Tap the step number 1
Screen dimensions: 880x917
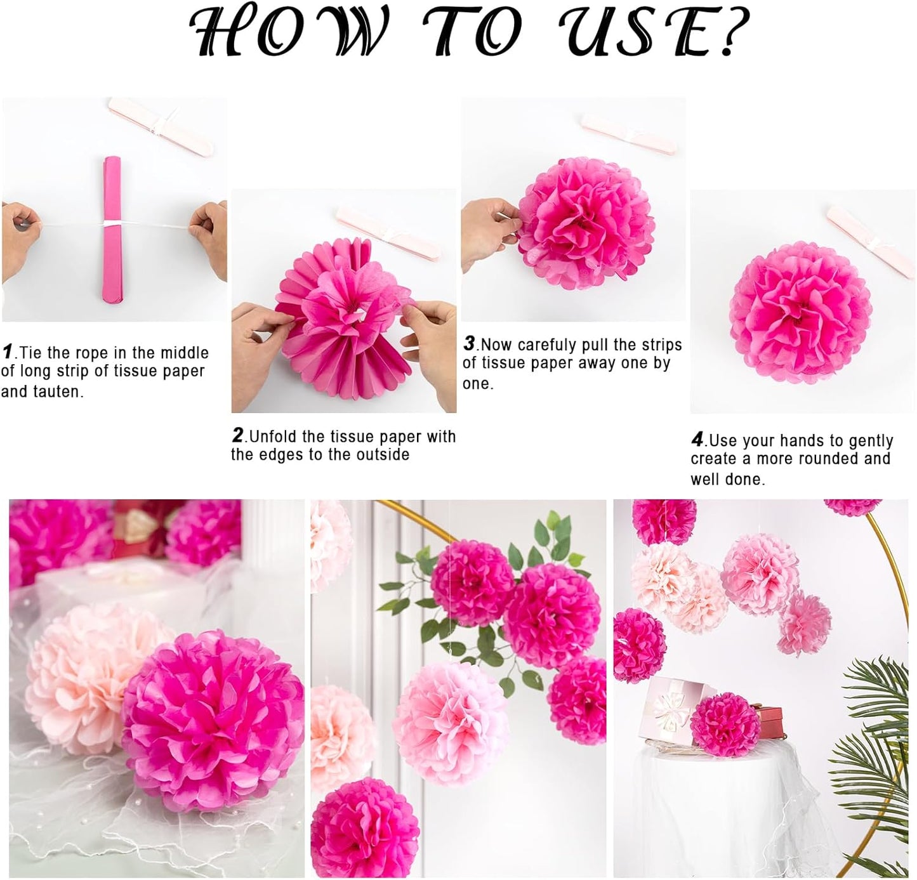pos(8,351)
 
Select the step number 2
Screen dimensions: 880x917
pos(238,435)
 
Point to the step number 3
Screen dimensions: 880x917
pos(469,343)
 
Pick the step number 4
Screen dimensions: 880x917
pos(697,439)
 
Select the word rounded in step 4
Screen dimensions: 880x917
pos(824,459)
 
